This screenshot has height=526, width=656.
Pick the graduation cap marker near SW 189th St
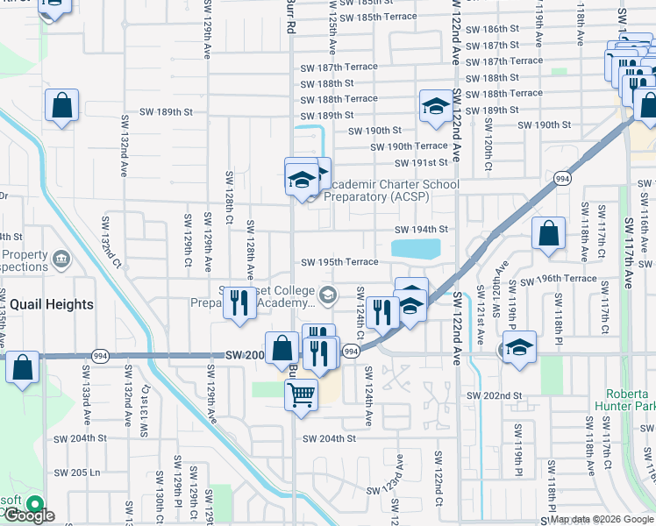tap(436, 107)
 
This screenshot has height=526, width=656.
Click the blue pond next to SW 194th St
tap(416, 249)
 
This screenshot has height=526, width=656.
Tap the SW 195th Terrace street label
tap(339, 262)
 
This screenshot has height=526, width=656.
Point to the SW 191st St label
tap(422, 162)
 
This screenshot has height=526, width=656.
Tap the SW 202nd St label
tap(494, 396)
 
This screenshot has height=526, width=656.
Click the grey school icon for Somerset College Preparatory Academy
tap(328, 295)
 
